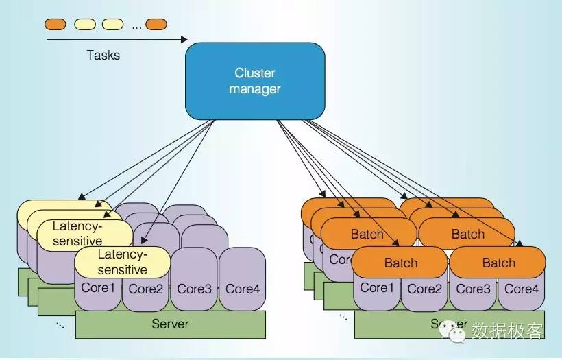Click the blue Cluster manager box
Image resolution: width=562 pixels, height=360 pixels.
coord(255,81)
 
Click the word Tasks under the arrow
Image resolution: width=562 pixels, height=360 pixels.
coord(103,55)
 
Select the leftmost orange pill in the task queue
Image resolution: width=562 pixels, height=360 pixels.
coord(56,25)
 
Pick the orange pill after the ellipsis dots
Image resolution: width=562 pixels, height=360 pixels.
coord(156,25)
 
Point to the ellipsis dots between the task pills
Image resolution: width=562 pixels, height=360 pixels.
coord(136,26)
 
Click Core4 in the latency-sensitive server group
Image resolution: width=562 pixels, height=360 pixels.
coord(243,289)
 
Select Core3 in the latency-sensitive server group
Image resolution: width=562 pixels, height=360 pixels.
coord(195,289)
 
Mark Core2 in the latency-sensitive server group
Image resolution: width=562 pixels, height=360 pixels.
coord(145,289)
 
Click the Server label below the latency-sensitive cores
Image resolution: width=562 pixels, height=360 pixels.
coord(170,323)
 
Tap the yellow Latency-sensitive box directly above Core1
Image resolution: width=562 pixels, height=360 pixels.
coord(122,262)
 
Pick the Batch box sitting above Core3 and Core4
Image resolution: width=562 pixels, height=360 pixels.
coord(498,263)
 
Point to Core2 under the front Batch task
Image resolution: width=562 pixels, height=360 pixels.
coord(425,289)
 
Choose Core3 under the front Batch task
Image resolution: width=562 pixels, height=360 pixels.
coord(474,289)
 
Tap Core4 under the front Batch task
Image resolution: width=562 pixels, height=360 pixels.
coord(522,289)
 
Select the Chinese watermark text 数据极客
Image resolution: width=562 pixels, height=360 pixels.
coord(507,331)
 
